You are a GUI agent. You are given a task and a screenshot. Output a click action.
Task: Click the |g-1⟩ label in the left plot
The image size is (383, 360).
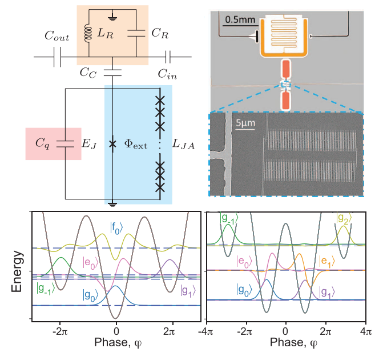coord(46,287)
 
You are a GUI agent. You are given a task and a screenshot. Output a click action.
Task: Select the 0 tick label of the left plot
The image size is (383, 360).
coord(116,331)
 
